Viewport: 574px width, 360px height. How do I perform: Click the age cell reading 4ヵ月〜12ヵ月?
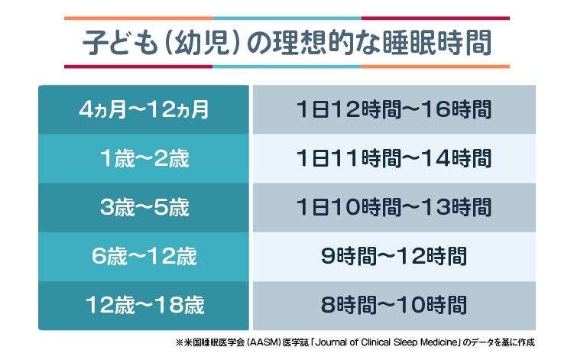pos(144,110)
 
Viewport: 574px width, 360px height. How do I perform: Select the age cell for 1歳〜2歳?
pos(144,159)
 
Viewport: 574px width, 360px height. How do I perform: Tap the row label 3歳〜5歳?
pos(144,208)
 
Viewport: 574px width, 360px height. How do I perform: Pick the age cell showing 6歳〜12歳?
pos(144,257)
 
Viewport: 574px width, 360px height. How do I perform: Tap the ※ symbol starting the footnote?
pos(180,342)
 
